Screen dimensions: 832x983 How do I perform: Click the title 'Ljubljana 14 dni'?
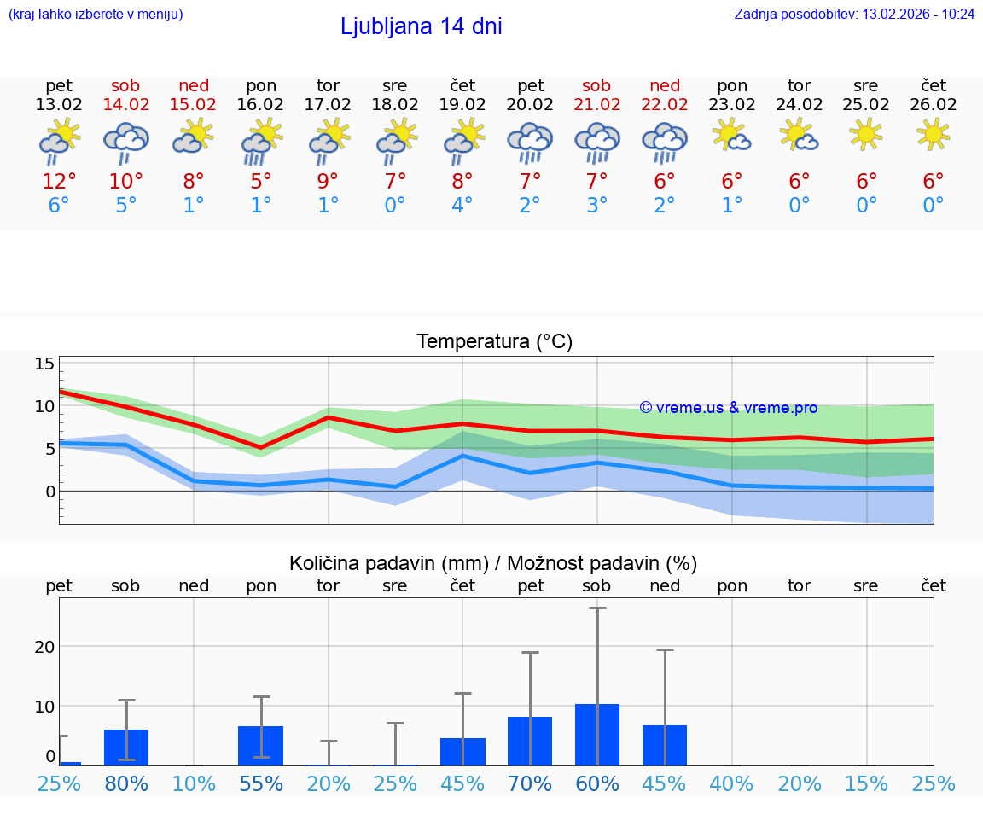[x=421, y=26]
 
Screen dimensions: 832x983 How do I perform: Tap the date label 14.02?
[x=125, y=105]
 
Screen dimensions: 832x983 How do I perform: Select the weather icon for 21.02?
[x=596, y=142]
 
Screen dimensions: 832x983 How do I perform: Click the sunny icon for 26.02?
[x=934, y=134]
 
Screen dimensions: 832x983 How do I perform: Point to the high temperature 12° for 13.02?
[x=59, y=181]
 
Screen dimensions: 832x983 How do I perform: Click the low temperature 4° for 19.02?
[x=462, y=205]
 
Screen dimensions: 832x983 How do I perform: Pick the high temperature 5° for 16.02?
[x=260, y=181]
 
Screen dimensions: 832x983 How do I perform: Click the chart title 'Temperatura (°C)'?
[x=494, y=342]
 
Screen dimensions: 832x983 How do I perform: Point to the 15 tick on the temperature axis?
[x=44, y=364]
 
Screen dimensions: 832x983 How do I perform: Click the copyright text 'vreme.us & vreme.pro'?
[x=729, y=408]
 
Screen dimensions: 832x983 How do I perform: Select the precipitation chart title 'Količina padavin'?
[x=493, y=563]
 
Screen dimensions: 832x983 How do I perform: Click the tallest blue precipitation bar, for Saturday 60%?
[x=597, y=734]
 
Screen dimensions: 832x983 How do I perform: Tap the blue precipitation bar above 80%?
[x=126, y=748]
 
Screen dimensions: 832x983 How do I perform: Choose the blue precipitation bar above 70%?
[x=530, y=741]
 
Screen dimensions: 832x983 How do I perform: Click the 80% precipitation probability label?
[x=126, y=783]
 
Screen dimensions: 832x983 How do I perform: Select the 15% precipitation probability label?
[x=866, y=783]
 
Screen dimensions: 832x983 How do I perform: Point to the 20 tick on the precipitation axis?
[x=44, y=646]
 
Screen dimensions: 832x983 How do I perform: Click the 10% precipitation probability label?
[x=194, y=783]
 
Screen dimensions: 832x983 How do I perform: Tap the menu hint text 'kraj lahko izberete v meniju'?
[x=96, y=15]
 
